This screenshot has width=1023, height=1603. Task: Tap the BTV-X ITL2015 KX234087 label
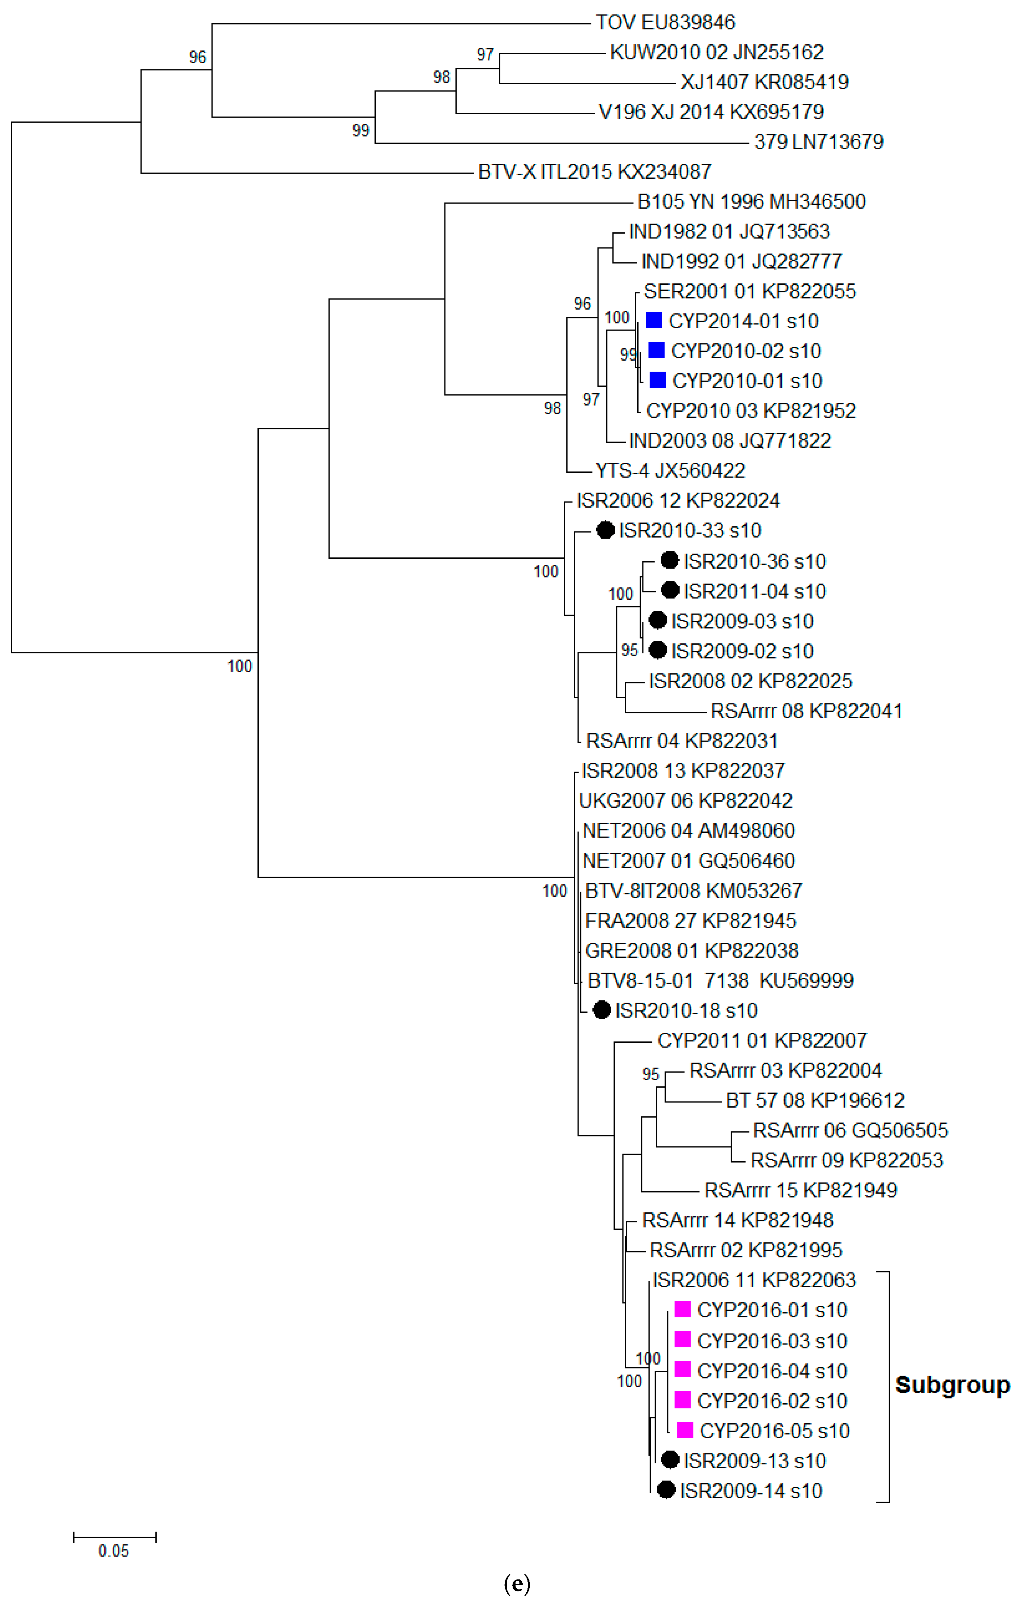coord(594,172)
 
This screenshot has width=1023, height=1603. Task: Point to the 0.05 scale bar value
coord(114,1551)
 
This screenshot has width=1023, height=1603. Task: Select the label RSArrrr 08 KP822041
coord(806,711)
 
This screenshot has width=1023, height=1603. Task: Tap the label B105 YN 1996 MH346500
coord(751,202)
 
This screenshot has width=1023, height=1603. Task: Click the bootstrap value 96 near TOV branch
coord(198,57)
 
